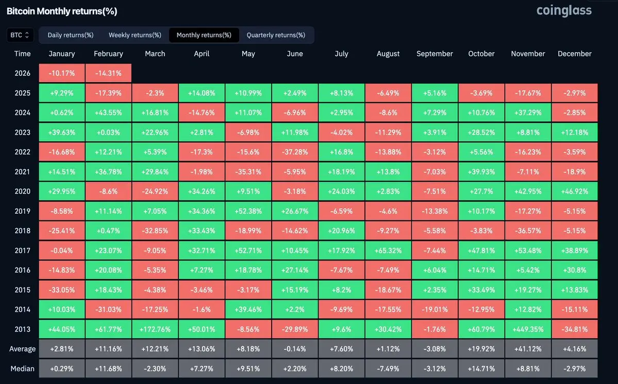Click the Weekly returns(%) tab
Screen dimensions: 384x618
135,35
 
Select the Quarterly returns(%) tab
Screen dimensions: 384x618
276,35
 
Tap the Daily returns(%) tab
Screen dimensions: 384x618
70,35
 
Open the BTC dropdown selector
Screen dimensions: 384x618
20,35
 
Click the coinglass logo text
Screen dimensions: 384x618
564,10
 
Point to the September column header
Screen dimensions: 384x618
435,54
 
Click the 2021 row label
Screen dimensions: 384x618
22,171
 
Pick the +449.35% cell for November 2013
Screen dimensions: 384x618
528,329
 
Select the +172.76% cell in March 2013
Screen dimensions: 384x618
155,329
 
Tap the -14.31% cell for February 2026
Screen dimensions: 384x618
108,73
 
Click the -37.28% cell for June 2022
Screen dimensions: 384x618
295,152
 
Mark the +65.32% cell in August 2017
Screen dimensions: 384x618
388,250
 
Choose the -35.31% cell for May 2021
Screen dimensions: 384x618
248,171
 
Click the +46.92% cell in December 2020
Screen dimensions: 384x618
574,191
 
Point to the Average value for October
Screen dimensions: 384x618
481,349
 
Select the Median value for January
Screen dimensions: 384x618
62,369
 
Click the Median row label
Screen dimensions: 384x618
22,369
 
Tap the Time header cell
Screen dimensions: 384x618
22,54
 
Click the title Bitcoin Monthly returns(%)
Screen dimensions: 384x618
62,11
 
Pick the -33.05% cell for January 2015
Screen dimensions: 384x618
62,290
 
